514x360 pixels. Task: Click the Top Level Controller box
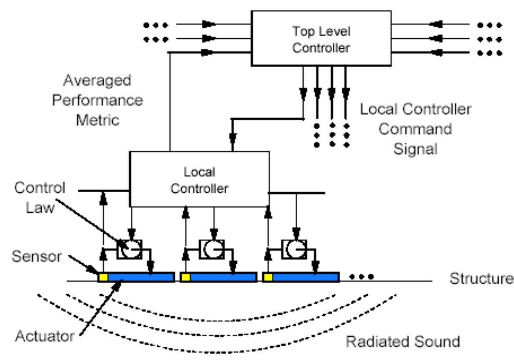pos(321,38)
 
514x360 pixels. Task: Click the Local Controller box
pos(199,179)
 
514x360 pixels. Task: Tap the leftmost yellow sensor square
pos(103,277)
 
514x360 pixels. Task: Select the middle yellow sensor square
pos(185,277)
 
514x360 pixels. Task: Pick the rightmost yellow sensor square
pos(268,277)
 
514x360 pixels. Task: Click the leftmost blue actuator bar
pos(141,277)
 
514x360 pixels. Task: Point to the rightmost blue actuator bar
pos(305,277)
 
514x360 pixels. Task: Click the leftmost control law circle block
pos(129,249)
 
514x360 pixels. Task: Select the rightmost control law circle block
pos(294,249)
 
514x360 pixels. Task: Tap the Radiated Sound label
pos(403,342)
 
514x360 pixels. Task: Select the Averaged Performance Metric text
pos(97,100)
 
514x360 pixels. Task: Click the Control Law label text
pos(40,197)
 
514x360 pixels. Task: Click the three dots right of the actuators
pos(362,276)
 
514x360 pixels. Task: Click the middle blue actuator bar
pos(223,277)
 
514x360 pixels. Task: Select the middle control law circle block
pos(212,249)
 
